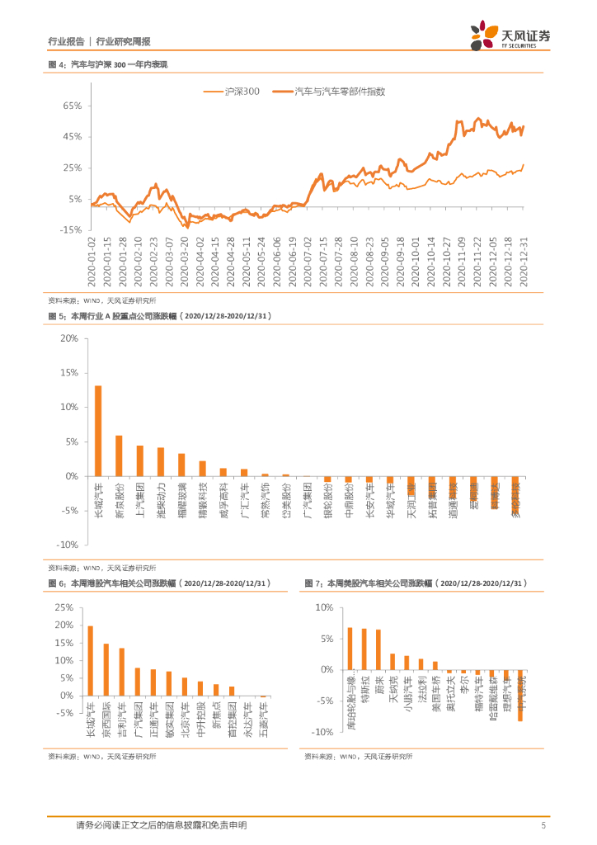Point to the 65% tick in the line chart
(69, 106)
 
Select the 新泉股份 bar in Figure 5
(119, 456)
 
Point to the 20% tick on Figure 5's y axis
(68, 338)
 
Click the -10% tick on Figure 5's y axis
(66, 545)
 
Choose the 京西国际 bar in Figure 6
(106, 669)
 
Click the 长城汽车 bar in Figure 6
(91, 660)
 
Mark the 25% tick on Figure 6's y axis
(63, 607)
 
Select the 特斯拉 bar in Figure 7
(364, 649)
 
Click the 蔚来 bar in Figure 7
(378, 650)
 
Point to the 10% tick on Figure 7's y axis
(322, 607)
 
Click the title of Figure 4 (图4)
(107, 64)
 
